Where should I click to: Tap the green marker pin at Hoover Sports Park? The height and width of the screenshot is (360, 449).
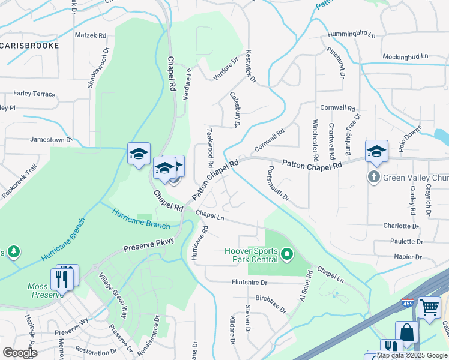287,255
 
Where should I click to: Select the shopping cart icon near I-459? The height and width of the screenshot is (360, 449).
429,308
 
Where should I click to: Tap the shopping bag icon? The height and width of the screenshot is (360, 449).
406,333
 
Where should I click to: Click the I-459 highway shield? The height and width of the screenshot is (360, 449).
408,304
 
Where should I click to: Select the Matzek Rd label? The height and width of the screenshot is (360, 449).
90,35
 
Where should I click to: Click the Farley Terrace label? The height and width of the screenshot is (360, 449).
34,94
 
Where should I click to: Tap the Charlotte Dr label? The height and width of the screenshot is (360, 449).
400,226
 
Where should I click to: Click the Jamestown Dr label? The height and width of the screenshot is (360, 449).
51,140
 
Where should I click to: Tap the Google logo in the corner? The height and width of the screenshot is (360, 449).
20,353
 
